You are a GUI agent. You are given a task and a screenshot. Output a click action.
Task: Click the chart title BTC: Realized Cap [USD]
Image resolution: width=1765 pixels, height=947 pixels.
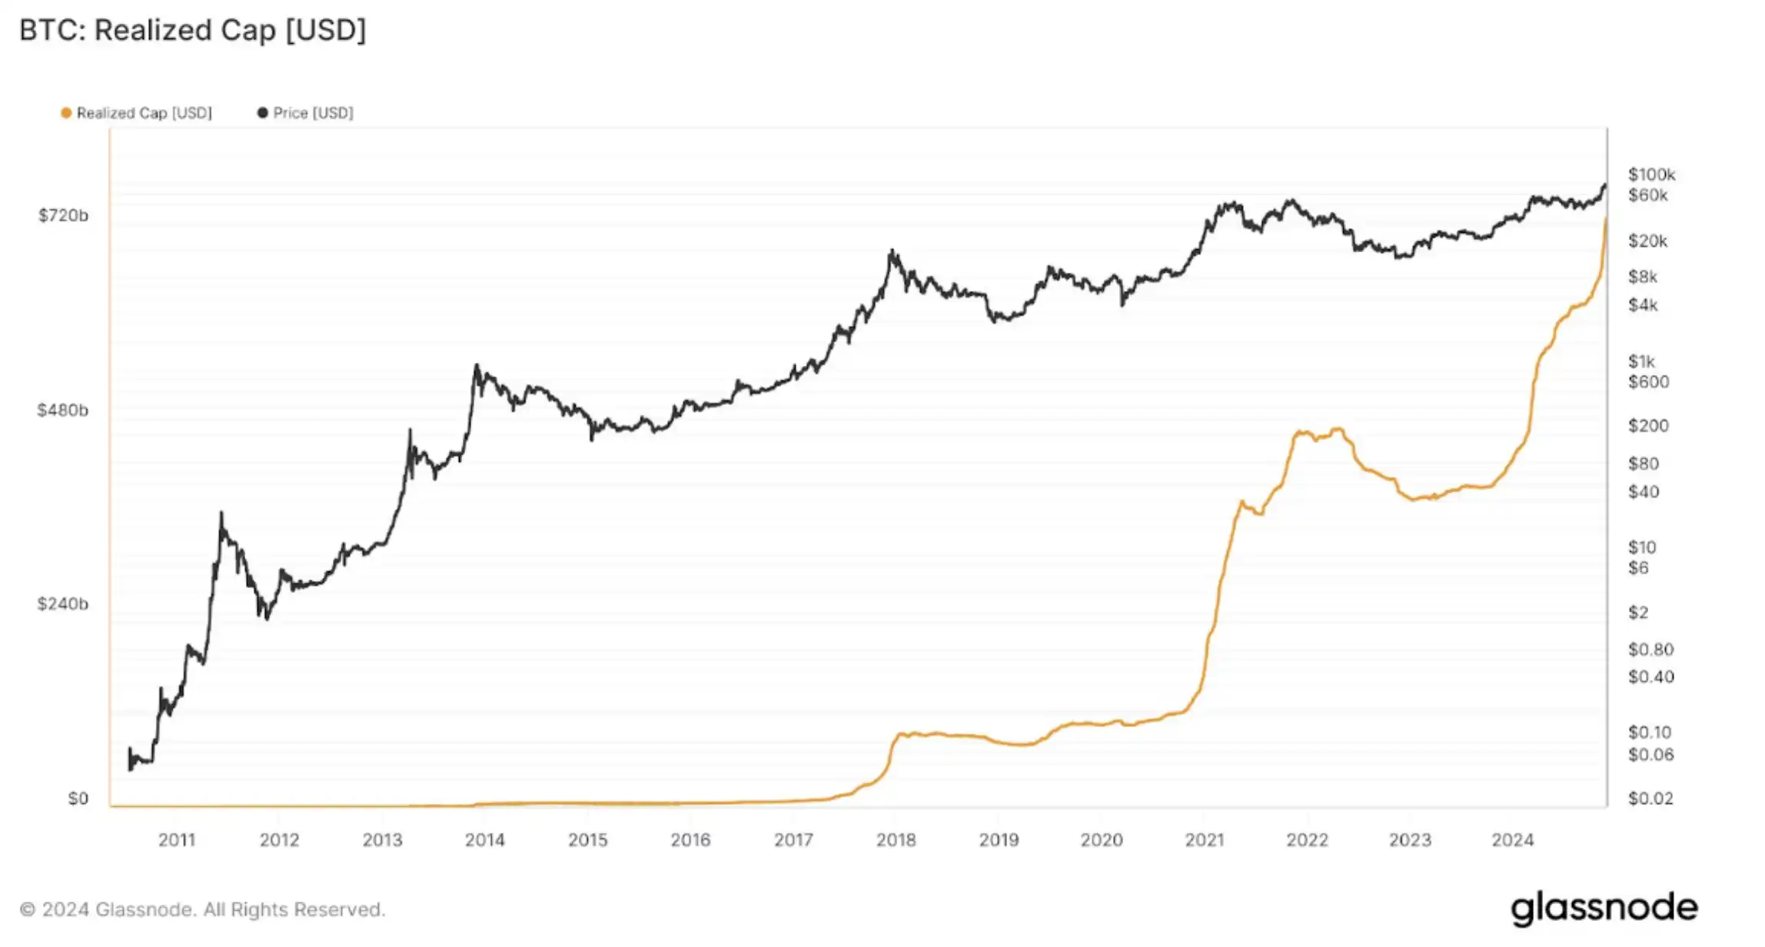coord(192,31)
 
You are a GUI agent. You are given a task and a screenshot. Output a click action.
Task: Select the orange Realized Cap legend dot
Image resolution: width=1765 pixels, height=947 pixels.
coord(66,113)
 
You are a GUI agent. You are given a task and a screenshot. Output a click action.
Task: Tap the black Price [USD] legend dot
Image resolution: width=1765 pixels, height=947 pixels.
coord(263,113)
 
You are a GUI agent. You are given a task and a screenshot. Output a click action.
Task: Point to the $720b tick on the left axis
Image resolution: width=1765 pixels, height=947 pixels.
coord(63,215)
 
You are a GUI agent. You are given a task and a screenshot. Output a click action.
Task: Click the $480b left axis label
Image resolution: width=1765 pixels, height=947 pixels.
coord(63,410)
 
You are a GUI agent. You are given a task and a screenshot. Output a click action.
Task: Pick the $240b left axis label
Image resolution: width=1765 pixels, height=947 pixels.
coord(63,603)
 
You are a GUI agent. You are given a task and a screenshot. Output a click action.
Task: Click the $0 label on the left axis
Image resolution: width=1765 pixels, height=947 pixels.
coord(78,798)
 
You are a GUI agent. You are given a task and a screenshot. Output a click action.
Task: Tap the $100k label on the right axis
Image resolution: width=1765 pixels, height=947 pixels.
coord(1651,174)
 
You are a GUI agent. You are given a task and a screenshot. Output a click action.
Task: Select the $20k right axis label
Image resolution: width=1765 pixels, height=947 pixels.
coord(1647,241)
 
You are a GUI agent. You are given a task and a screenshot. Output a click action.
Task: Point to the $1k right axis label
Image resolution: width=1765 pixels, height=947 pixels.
coord(1641,361)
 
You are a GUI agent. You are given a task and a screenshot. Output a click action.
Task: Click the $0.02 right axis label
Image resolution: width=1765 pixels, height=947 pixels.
coord(1650,798)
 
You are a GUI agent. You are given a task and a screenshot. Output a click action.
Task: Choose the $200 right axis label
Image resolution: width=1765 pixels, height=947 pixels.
coord(1648,425)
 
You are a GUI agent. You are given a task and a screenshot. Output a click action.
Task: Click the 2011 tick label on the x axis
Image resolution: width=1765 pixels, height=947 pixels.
coord(177,839)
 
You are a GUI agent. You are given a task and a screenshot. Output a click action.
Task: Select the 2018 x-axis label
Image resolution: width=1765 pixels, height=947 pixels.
coord(896,839)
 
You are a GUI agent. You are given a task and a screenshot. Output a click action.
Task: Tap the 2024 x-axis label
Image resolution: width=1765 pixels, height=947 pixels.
coord(1513,839)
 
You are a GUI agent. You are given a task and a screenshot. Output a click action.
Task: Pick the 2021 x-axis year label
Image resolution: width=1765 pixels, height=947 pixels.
coord(1205,839)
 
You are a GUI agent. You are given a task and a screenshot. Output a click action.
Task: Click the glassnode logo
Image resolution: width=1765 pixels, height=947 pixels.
coord(1604,908)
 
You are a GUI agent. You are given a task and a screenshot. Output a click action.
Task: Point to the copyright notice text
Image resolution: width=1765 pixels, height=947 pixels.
coord(202,909)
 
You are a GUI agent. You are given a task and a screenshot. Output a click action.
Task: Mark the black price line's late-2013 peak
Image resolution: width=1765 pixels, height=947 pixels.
coord(477,366)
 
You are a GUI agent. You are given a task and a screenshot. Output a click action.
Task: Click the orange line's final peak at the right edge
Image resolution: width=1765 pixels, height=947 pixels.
coord(1605,219)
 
